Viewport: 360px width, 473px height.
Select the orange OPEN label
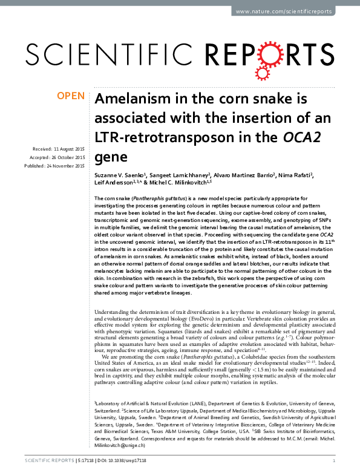(x=70, y=96)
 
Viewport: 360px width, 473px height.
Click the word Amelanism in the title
(x=128, y=100)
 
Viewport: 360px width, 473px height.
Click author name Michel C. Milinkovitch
(x=182, y=183)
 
